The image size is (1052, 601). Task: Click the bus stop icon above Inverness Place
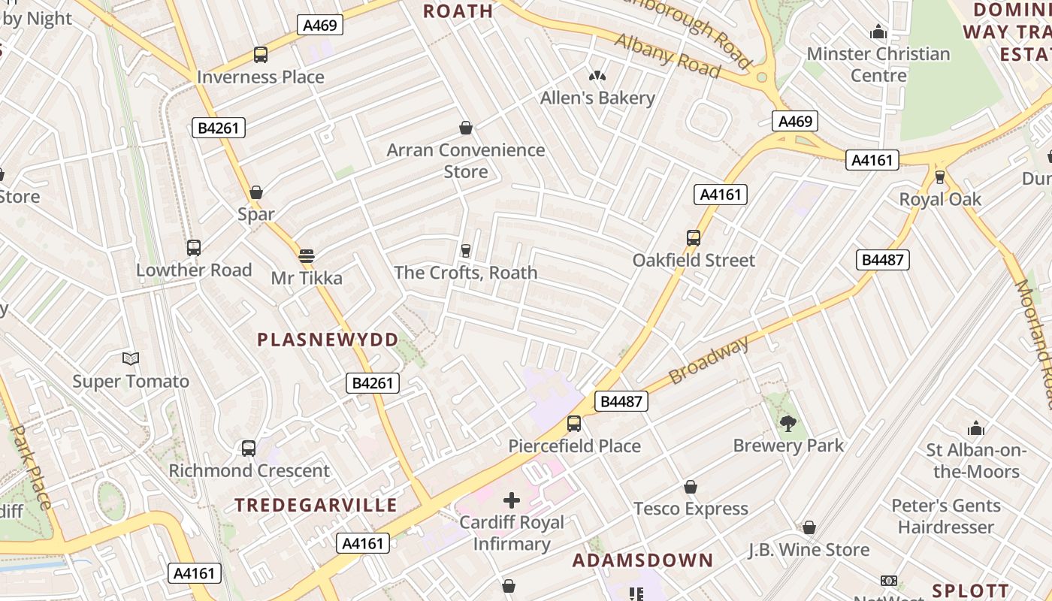(x=260, y=55)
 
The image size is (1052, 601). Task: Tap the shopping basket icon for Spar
(x=256, y=192)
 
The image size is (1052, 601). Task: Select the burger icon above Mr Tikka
(x=306, y=256)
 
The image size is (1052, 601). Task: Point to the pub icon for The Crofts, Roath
(x=465, y=250)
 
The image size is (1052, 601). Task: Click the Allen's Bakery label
(x=597, y=98)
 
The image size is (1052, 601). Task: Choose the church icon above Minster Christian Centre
(x=878, y=32)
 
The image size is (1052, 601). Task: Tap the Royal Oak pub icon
(x=939, y=177)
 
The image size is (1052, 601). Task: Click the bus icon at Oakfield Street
(x=693, y=238)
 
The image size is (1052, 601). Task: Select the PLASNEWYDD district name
(x=328, y=340)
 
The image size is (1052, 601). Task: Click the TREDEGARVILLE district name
(x=316, y=505)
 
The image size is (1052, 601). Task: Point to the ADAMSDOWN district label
(x=642, y=560)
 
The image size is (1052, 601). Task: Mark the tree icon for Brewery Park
(x=787, y=424)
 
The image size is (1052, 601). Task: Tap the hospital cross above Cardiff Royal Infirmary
(x=512, y=500)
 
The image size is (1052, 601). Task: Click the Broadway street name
(x=709, y=361)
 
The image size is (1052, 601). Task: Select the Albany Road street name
(x=667, y=55)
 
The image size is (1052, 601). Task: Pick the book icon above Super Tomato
(x=131, y=359)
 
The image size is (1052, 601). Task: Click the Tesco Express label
(x=691, y=509)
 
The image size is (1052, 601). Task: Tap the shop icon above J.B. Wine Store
(x=809, y=528)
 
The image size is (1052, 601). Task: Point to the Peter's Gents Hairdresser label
(x=945, y=516)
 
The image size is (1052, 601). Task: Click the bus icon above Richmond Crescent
(x=249, y=448)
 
